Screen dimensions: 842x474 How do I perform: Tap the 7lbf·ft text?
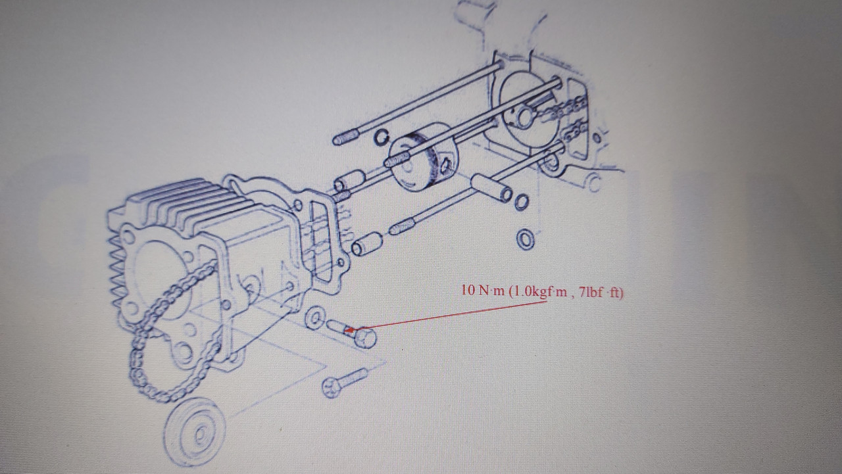click(x=601, y=293)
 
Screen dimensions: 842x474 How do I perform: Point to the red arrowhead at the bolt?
click(x=349, y=331)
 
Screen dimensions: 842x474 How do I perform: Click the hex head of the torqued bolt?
click(x=365, y=338)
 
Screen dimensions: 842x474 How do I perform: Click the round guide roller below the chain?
click(x=195, y=432)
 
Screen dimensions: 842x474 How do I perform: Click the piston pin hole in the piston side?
click(x=445, y=164)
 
